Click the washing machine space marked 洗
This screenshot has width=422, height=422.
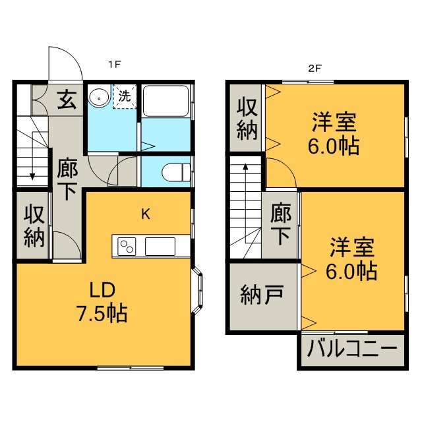coord(125,96)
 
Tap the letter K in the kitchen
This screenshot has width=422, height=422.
coord(146,214)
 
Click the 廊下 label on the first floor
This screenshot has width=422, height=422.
coord(67,179)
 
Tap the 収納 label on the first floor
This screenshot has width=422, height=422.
coord(32,226)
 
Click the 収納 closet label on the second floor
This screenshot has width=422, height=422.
coord(247,119)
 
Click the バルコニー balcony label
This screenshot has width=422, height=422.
coord(353,347)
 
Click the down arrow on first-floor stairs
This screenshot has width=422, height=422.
coord(32,174)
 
